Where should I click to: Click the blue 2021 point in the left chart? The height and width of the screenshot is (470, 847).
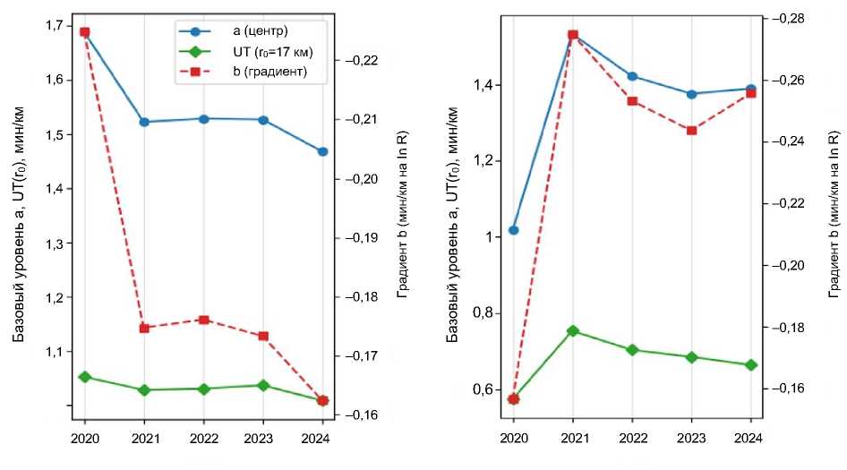[144, 122]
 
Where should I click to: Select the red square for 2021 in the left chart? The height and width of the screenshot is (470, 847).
[144, 329]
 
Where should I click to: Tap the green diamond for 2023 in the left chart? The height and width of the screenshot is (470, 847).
[263, 385]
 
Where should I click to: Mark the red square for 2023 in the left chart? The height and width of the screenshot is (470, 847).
[263, 337]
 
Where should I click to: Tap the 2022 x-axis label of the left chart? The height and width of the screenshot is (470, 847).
[204, 440]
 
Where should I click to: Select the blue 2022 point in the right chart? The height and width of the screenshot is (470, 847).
[632, 76]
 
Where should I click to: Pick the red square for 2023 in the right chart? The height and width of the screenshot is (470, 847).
[692, 131]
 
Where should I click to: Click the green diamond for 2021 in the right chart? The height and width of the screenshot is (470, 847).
[573, 331]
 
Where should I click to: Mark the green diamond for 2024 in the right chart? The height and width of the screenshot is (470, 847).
[751, 365]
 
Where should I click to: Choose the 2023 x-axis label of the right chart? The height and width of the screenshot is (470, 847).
[692, 438]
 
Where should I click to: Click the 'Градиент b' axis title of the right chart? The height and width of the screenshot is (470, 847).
[834, 215]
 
